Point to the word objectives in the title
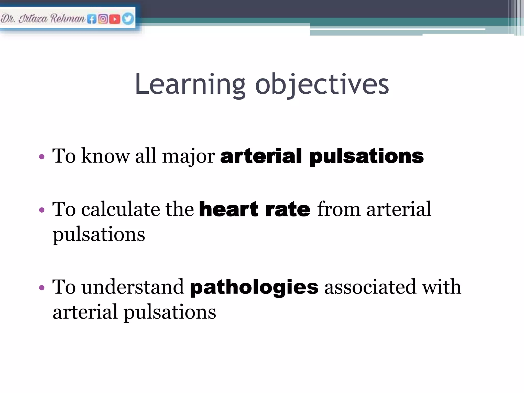point(322,84)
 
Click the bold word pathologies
point(254,287)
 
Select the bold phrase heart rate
point(255,209)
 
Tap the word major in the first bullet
point(189,156)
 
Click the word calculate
point(121,209)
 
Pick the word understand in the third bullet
point(133,287)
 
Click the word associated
point(370,287)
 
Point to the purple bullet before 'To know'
point(42,157)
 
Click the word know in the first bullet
point(105,156)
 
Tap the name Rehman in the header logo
point(68,19)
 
